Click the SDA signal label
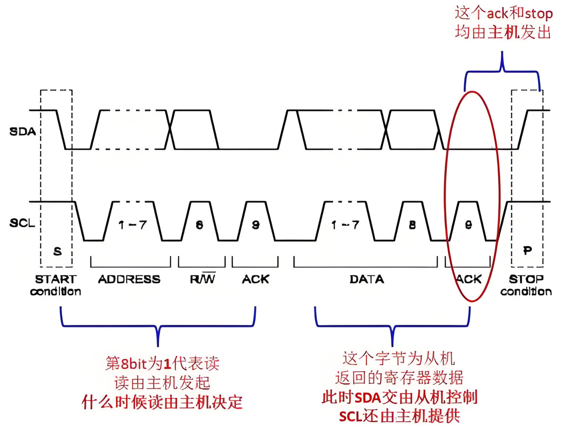(22, 132)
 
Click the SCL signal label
(22, 223)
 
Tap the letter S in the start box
(57, 252)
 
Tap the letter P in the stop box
(527, 250)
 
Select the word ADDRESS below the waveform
(129, 279)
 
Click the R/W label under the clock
(202, 279)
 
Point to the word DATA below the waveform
(367, 279)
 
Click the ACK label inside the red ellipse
(469, 279)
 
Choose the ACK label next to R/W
(255, 279)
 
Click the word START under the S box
(56, 279)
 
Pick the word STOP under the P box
(526, 279)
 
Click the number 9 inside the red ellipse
(469, 225)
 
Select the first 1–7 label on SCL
(132, 225)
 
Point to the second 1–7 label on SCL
(345, 225)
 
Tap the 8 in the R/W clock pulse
(199, 225)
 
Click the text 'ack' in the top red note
(498, 14)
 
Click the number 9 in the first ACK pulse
(256, 225)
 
